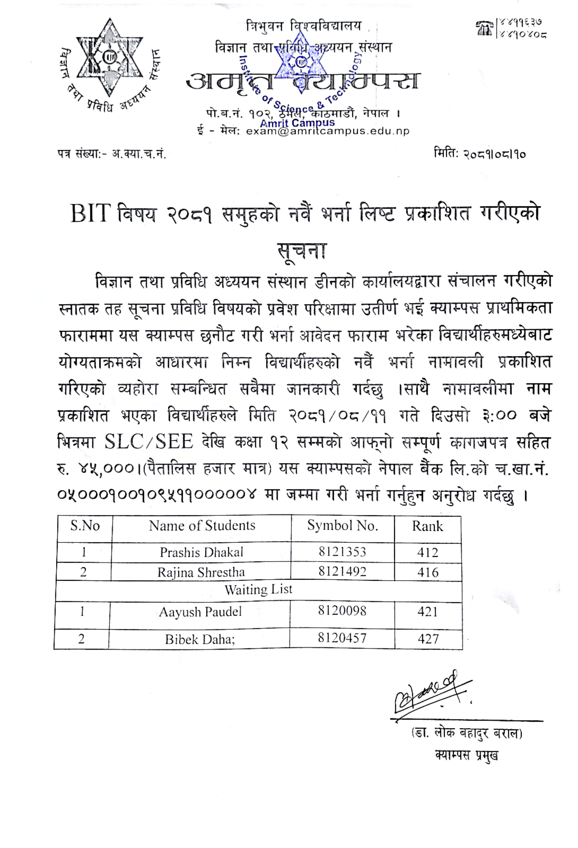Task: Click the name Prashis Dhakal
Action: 201,552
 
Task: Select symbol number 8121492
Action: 342,571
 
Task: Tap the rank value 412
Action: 428,552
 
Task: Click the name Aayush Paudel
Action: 200,612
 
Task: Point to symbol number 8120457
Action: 342,638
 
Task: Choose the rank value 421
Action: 428,612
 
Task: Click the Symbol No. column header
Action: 342,526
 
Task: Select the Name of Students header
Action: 202,526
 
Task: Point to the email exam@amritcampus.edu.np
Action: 327,131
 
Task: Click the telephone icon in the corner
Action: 485,28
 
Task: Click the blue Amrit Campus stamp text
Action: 297,123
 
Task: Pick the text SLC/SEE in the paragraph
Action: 149,442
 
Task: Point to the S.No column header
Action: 85,526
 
